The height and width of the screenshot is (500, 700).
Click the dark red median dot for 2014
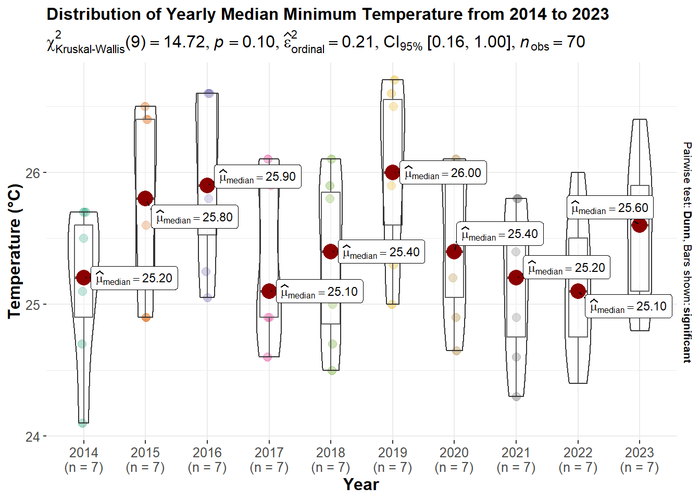83,278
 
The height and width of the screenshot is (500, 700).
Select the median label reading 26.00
443,173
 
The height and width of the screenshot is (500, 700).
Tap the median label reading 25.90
258,177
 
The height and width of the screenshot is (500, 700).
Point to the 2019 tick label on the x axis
393,453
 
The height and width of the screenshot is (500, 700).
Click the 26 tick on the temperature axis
32,173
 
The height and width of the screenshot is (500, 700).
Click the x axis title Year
361,484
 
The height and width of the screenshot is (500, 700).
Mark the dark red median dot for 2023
640,225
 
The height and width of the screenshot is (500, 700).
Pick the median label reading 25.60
610,208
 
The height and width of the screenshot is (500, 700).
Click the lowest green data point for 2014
83,423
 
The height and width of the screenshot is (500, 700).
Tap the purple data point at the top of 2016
209,93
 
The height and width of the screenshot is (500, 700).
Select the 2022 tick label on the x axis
578,453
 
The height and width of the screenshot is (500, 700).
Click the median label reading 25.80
195,217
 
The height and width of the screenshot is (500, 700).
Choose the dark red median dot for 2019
393,172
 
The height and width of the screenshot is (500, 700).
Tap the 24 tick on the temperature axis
32,436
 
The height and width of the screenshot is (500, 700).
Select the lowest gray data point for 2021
516,396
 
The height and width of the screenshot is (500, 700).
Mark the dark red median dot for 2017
269,291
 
